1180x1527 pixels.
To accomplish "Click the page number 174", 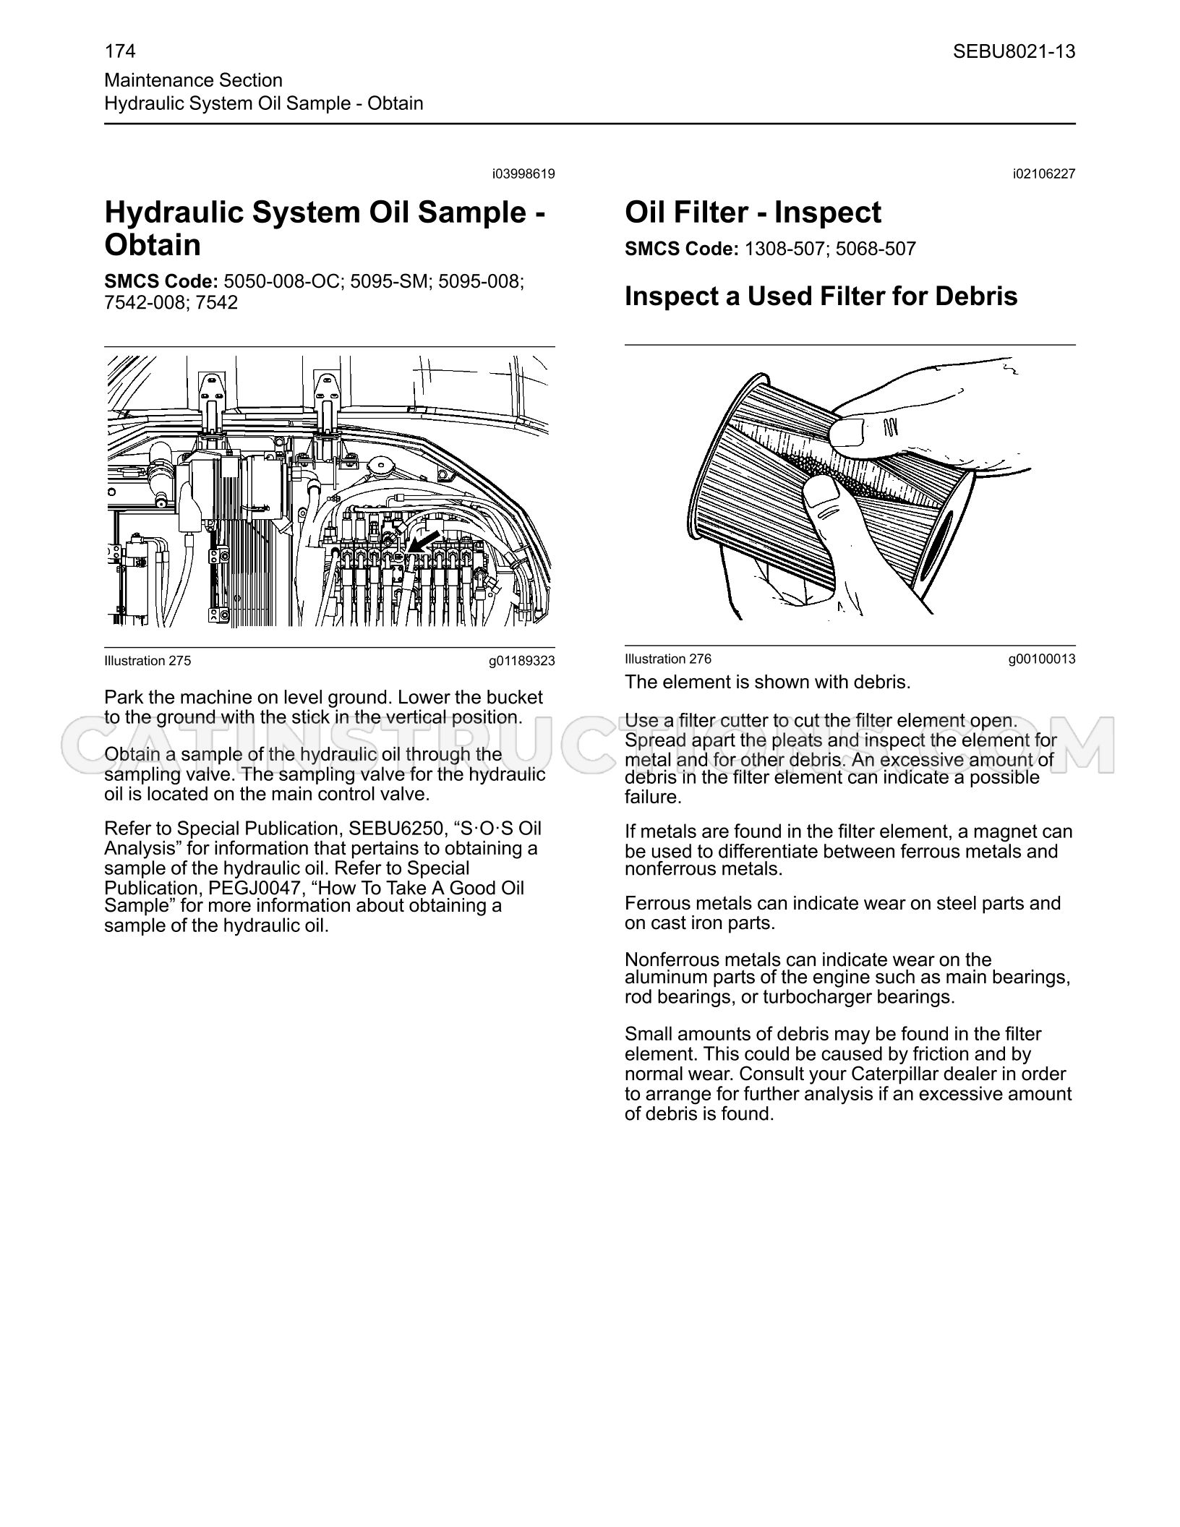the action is (120, 51).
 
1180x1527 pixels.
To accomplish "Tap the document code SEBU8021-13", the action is (1014, 51).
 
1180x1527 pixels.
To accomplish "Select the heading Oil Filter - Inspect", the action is (753, 213).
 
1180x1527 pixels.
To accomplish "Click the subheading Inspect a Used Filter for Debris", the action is (821, 296).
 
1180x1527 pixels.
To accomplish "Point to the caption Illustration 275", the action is (147, 660).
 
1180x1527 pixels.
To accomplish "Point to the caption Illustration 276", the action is (668, 659).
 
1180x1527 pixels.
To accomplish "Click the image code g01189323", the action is (522, 660).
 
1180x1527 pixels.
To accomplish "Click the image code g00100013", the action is (1042, 659).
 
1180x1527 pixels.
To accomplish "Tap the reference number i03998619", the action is (523, 174).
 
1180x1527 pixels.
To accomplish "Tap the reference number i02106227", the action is (1044, 174).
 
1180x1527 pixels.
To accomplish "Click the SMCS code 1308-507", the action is (784, 249).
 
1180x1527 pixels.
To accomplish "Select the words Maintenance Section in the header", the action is (193, 80).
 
